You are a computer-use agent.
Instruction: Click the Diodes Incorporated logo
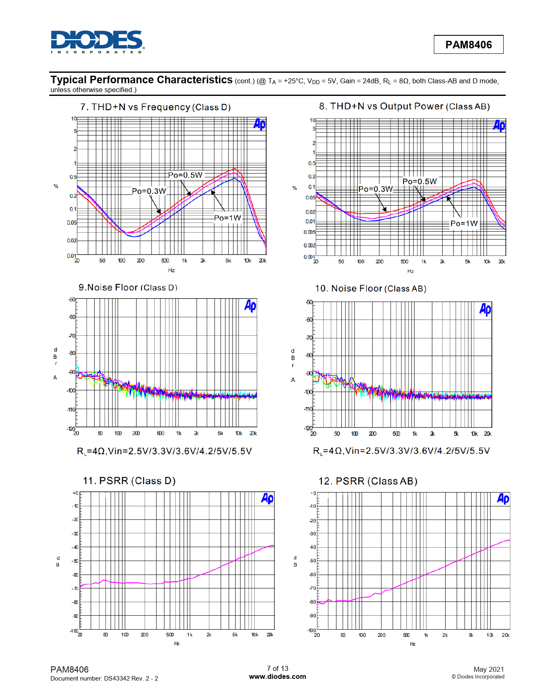pyautogui.click(x=97, y=42)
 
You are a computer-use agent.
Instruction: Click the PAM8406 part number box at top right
pyautogui.click(x=468, y=45)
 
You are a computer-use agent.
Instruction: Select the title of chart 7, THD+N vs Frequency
pyautogui.click(x=156, y=107)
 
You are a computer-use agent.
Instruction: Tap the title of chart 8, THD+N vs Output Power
pyautogui.click(x=404, y=106)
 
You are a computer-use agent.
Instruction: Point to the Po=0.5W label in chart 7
pyautogui.click(x=185, y=175)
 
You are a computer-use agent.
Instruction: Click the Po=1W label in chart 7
pyautogui.click(x=227, y=218)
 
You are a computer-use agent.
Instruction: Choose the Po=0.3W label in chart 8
pyautogui.click(x=375, y=189)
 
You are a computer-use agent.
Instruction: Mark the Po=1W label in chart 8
pyautogui.click(x=464, y=223)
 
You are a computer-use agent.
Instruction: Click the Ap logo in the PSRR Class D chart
pyautogui.click(x=267, y=498)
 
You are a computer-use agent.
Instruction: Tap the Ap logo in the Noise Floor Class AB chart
pyautogui.click(x=485, y=310)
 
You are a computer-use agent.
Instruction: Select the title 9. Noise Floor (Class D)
pyautogui.click(x=128, y=288)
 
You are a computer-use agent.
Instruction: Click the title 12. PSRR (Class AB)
pyautogui.click(x=368, y=481)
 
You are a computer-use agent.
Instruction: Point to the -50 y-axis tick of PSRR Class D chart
pyautogui.click(x=75, y=561)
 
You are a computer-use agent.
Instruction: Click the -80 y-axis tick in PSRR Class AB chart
pyautogui.click(x=312, y=602)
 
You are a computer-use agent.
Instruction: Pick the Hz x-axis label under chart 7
pyautogui.click(x=172, y=270)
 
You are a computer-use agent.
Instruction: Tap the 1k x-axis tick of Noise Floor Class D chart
pyautogui.click(x=179, y=433)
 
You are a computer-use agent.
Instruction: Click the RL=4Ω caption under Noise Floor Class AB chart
pyautogui.click(x=401, y=451)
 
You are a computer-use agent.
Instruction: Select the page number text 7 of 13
pyautogui.click(x=277, y=668)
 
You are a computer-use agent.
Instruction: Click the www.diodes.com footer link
pyautogui.click(x=277, y=676)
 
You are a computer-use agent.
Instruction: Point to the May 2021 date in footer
pyautogui.click(x=488, y=669)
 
